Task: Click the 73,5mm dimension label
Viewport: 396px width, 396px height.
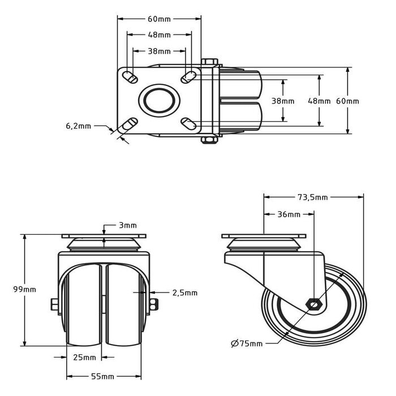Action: coord(313,197)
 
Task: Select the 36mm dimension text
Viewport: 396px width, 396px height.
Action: coord(289,214)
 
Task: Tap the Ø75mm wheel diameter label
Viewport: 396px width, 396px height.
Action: coord(247,343)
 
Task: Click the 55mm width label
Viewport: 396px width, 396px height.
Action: coord(104,376)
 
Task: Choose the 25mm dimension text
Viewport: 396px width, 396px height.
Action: coord(84,357)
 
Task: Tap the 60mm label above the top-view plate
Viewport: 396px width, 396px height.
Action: coord(159,19)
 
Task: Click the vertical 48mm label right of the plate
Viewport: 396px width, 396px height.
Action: coord(319,101)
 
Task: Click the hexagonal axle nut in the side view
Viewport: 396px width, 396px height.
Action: coord(313,304)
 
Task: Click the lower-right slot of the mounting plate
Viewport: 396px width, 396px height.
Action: coord(188,121)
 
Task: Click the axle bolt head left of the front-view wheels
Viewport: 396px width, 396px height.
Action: coord(55,305)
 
